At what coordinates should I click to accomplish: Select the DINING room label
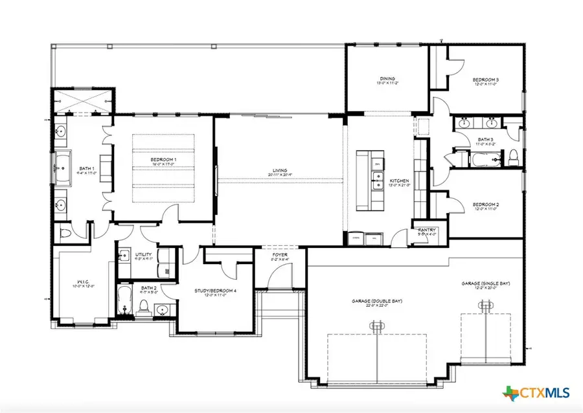pyautogui.click(x=387, y=78)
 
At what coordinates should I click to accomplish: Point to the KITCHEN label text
pyautogui.click(x=396, y=181)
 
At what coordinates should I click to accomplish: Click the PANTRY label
pyautogui.click(x=427, y=230)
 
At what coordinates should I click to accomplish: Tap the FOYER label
pyautogui.click(x=280, y=255)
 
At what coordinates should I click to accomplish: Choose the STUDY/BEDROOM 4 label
pyautogui.click(x=215, y=291)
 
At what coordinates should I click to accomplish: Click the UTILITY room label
pyautogui.click(x=143, y=255)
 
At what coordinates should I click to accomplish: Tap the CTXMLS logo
pyautogui.click(x=535, y=392)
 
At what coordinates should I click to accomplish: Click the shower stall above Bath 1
pyautogui.click(x=83, y=102)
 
